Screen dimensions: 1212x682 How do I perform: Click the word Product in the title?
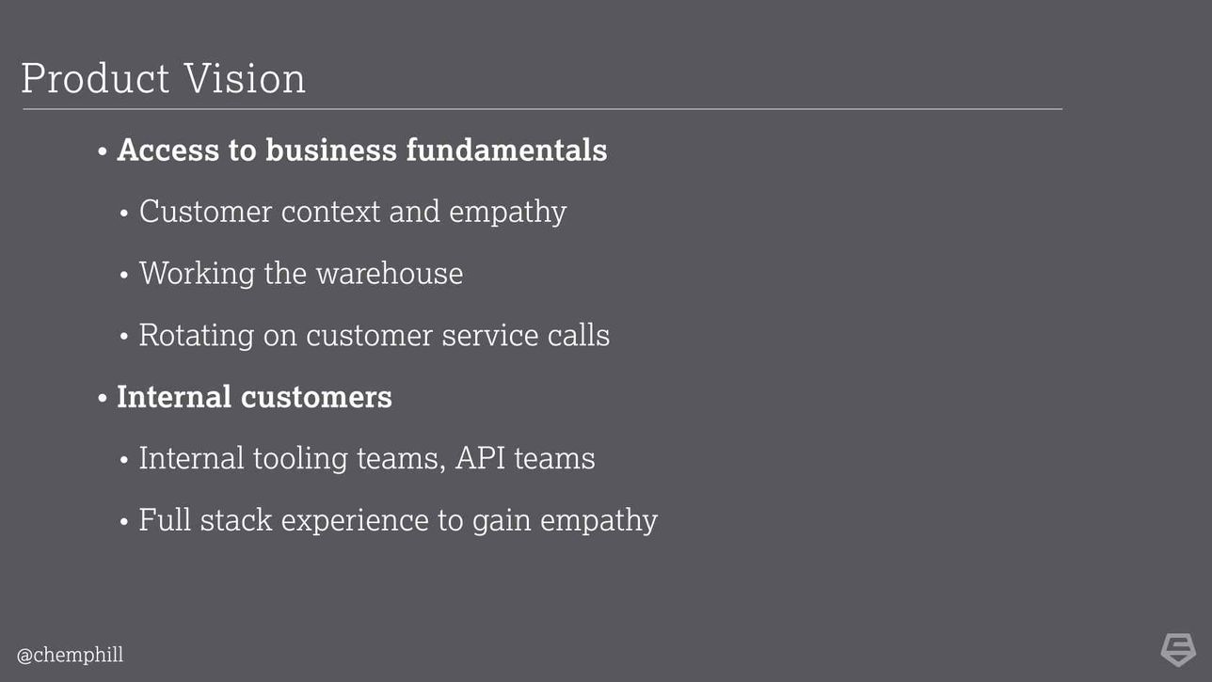pos(95,78)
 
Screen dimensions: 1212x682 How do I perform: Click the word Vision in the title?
pos(245,78)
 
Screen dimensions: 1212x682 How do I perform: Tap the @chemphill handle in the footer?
pos(70,656)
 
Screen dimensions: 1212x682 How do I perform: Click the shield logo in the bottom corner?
pos(1178,650)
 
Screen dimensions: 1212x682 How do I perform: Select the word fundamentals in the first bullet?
pos(506,150)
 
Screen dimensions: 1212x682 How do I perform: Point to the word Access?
pos(168,150)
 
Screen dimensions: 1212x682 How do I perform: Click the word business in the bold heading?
pos(331,150)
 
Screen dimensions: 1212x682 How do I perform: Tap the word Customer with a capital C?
pos(205,212)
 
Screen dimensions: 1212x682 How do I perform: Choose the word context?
pos(330,212)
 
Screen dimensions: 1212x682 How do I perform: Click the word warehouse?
pos(390,273)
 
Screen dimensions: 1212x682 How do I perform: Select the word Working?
pos(197,274)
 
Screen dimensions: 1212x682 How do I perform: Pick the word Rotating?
pos(197,336)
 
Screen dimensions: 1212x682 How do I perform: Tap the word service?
pos(490,335)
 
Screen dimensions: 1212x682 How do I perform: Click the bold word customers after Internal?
pos(316,397)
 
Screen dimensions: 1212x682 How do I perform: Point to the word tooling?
pos(300,459)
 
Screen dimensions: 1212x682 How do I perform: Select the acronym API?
pos(481,458)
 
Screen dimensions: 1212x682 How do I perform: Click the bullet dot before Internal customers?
pos(103,399)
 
